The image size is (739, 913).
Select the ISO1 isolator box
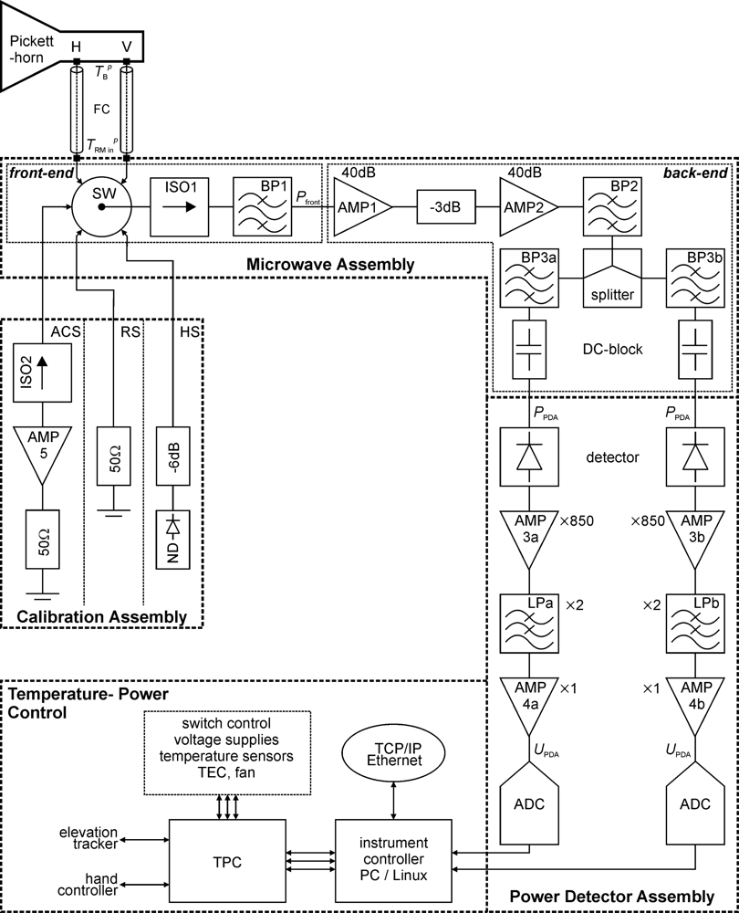178,207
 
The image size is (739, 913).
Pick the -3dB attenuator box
447,207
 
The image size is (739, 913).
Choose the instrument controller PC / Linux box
393,860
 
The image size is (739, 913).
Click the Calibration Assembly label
102,617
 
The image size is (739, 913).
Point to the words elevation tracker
88,838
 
